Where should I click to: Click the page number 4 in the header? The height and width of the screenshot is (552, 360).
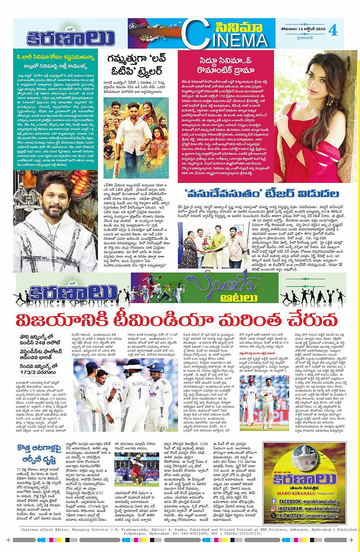[x=333, y=30]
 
